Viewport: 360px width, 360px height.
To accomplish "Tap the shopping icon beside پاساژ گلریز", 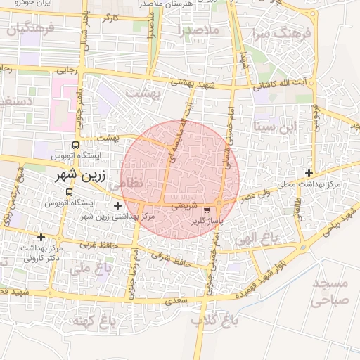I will [x=206, y=210].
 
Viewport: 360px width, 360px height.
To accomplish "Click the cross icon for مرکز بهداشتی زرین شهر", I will [x=117, y=205].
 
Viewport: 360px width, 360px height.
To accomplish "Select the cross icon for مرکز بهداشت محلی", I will [x=309, y=173].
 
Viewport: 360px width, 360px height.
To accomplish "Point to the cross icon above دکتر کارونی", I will [x=41, y=237].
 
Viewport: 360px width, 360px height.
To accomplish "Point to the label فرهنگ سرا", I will [x=271, y=32].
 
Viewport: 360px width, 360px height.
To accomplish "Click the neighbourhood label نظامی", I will [x=127, y=183].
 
